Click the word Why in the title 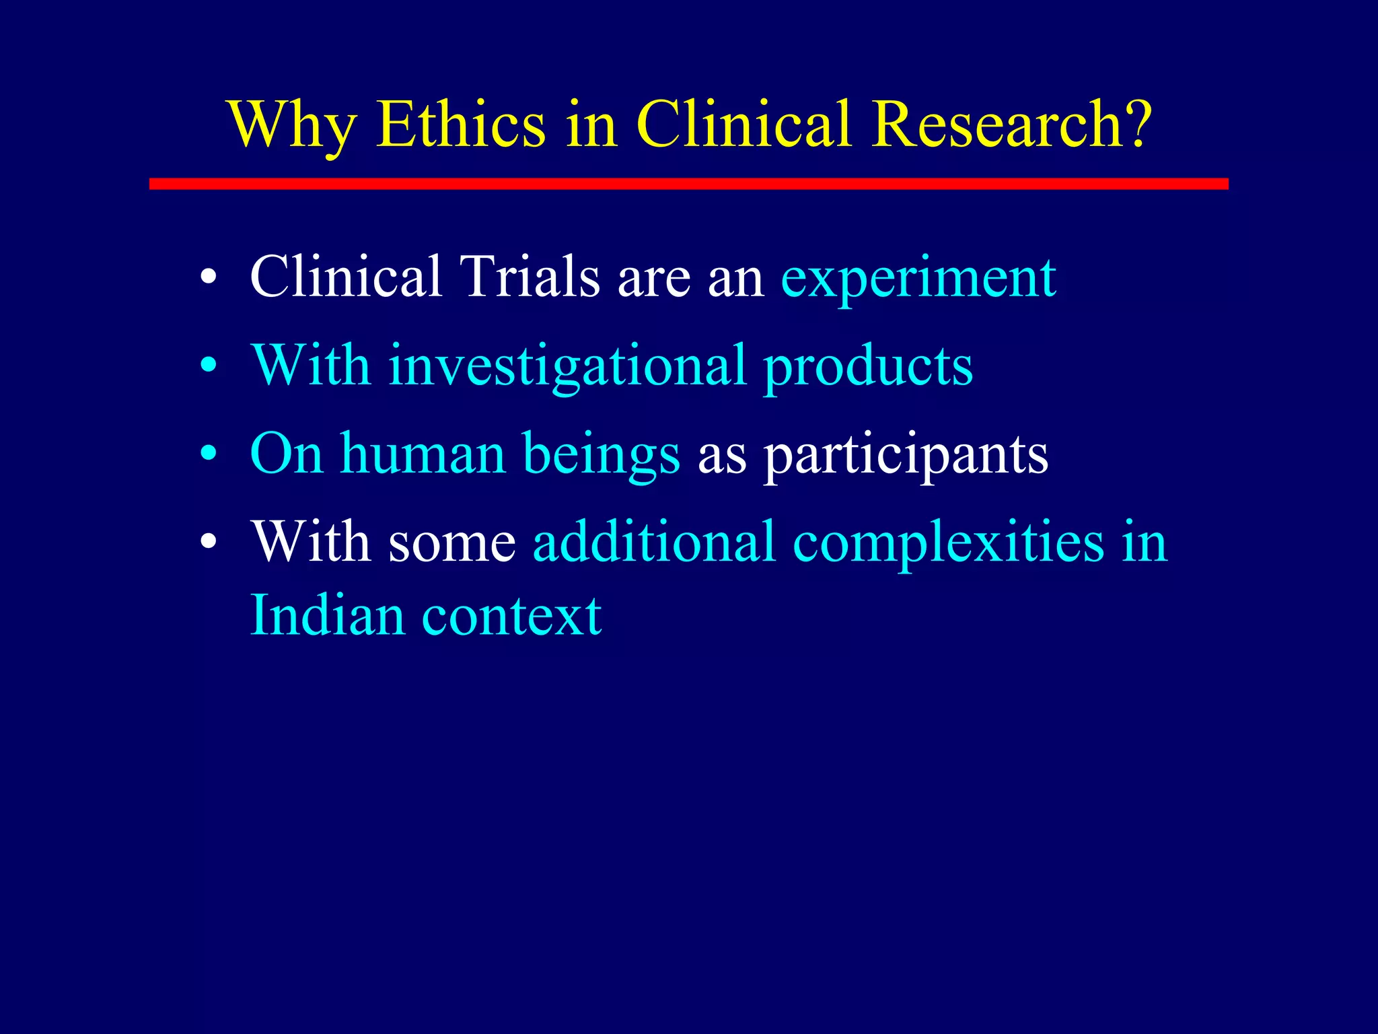(x=291, y=126)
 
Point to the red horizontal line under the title (x=688, y=184)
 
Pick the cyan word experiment (x=918, y=278)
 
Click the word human (x=423, y=454)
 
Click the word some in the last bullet (x=451, y=543)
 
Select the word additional (x=655, y=541)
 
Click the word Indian (x=327, y=615)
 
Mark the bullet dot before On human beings (x=209, y=454)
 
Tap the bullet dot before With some (x=209, y=543)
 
